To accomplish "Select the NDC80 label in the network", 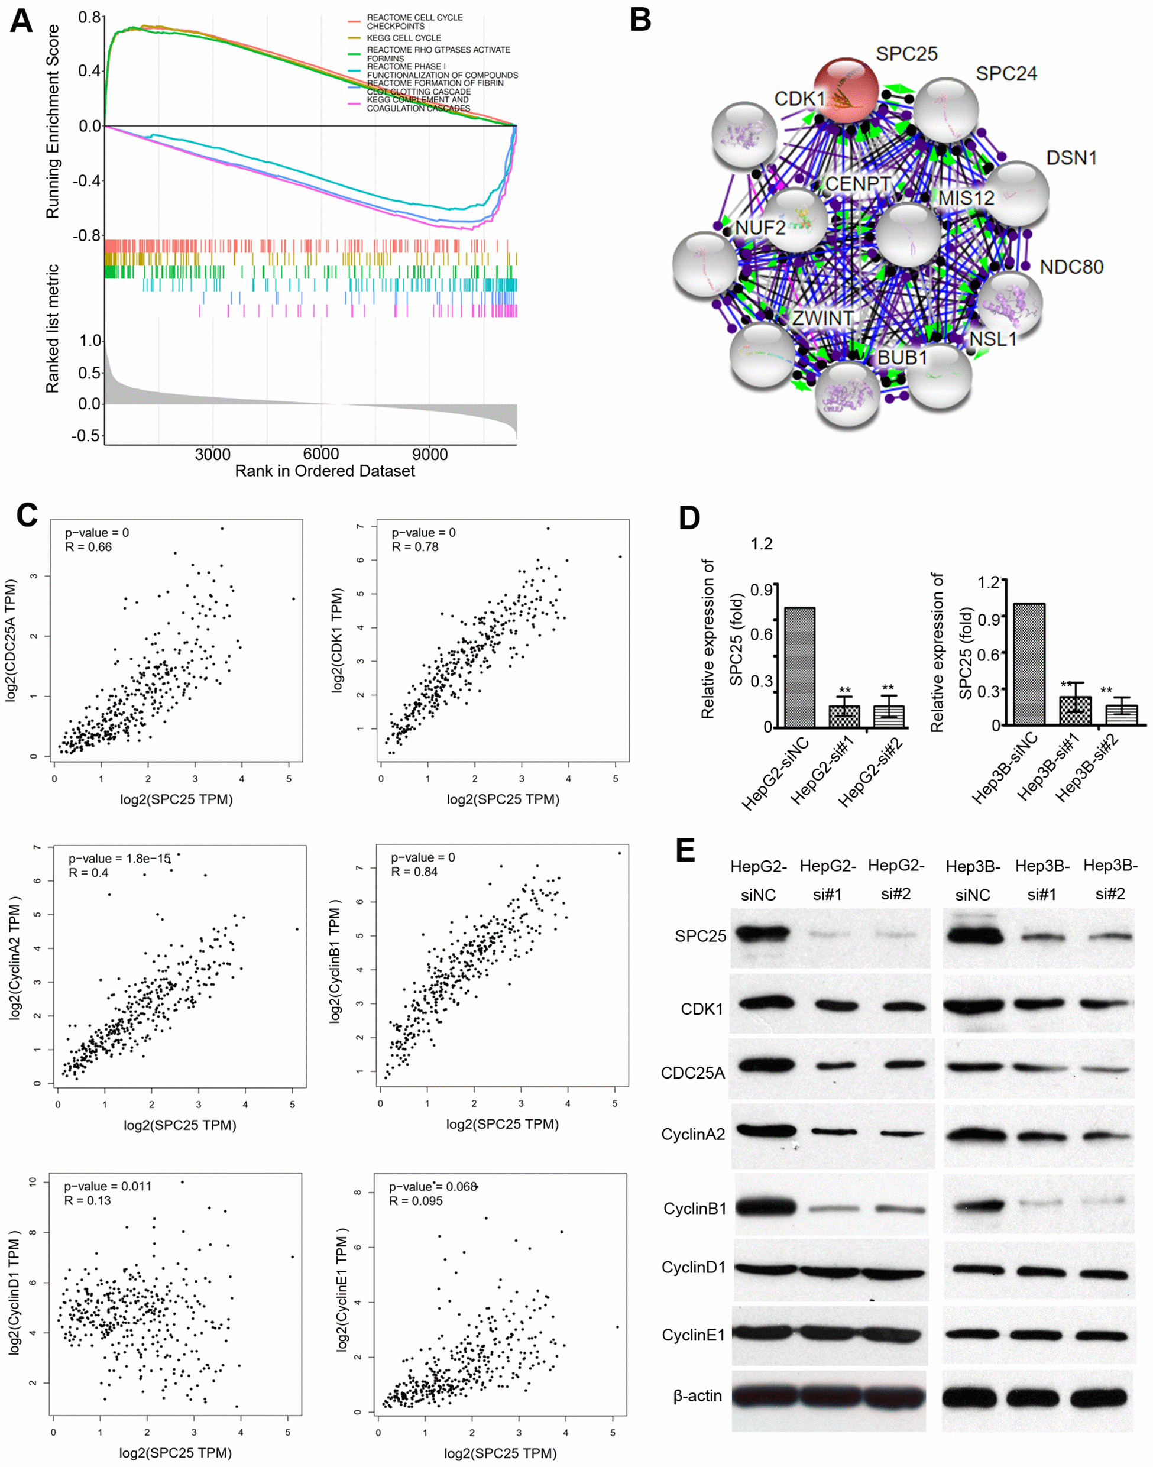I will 1071,267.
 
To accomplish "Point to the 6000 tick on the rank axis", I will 320,454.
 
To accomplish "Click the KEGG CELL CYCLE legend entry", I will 404,38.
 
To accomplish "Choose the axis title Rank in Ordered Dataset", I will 325,471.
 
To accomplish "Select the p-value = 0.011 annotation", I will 108,1186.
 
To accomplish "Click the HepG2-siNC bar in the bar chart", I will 799,667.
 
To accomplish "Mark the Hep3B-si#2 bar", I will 1121,715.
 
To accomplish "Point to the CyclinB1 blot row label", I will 695,1209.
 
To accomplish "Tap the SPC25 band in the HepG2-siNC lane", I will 763,934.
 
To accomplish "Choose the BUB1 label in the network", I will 902,358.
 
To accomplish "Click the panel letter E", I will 685,850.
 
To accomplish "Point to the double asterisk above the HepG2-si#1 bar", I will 844,691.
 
